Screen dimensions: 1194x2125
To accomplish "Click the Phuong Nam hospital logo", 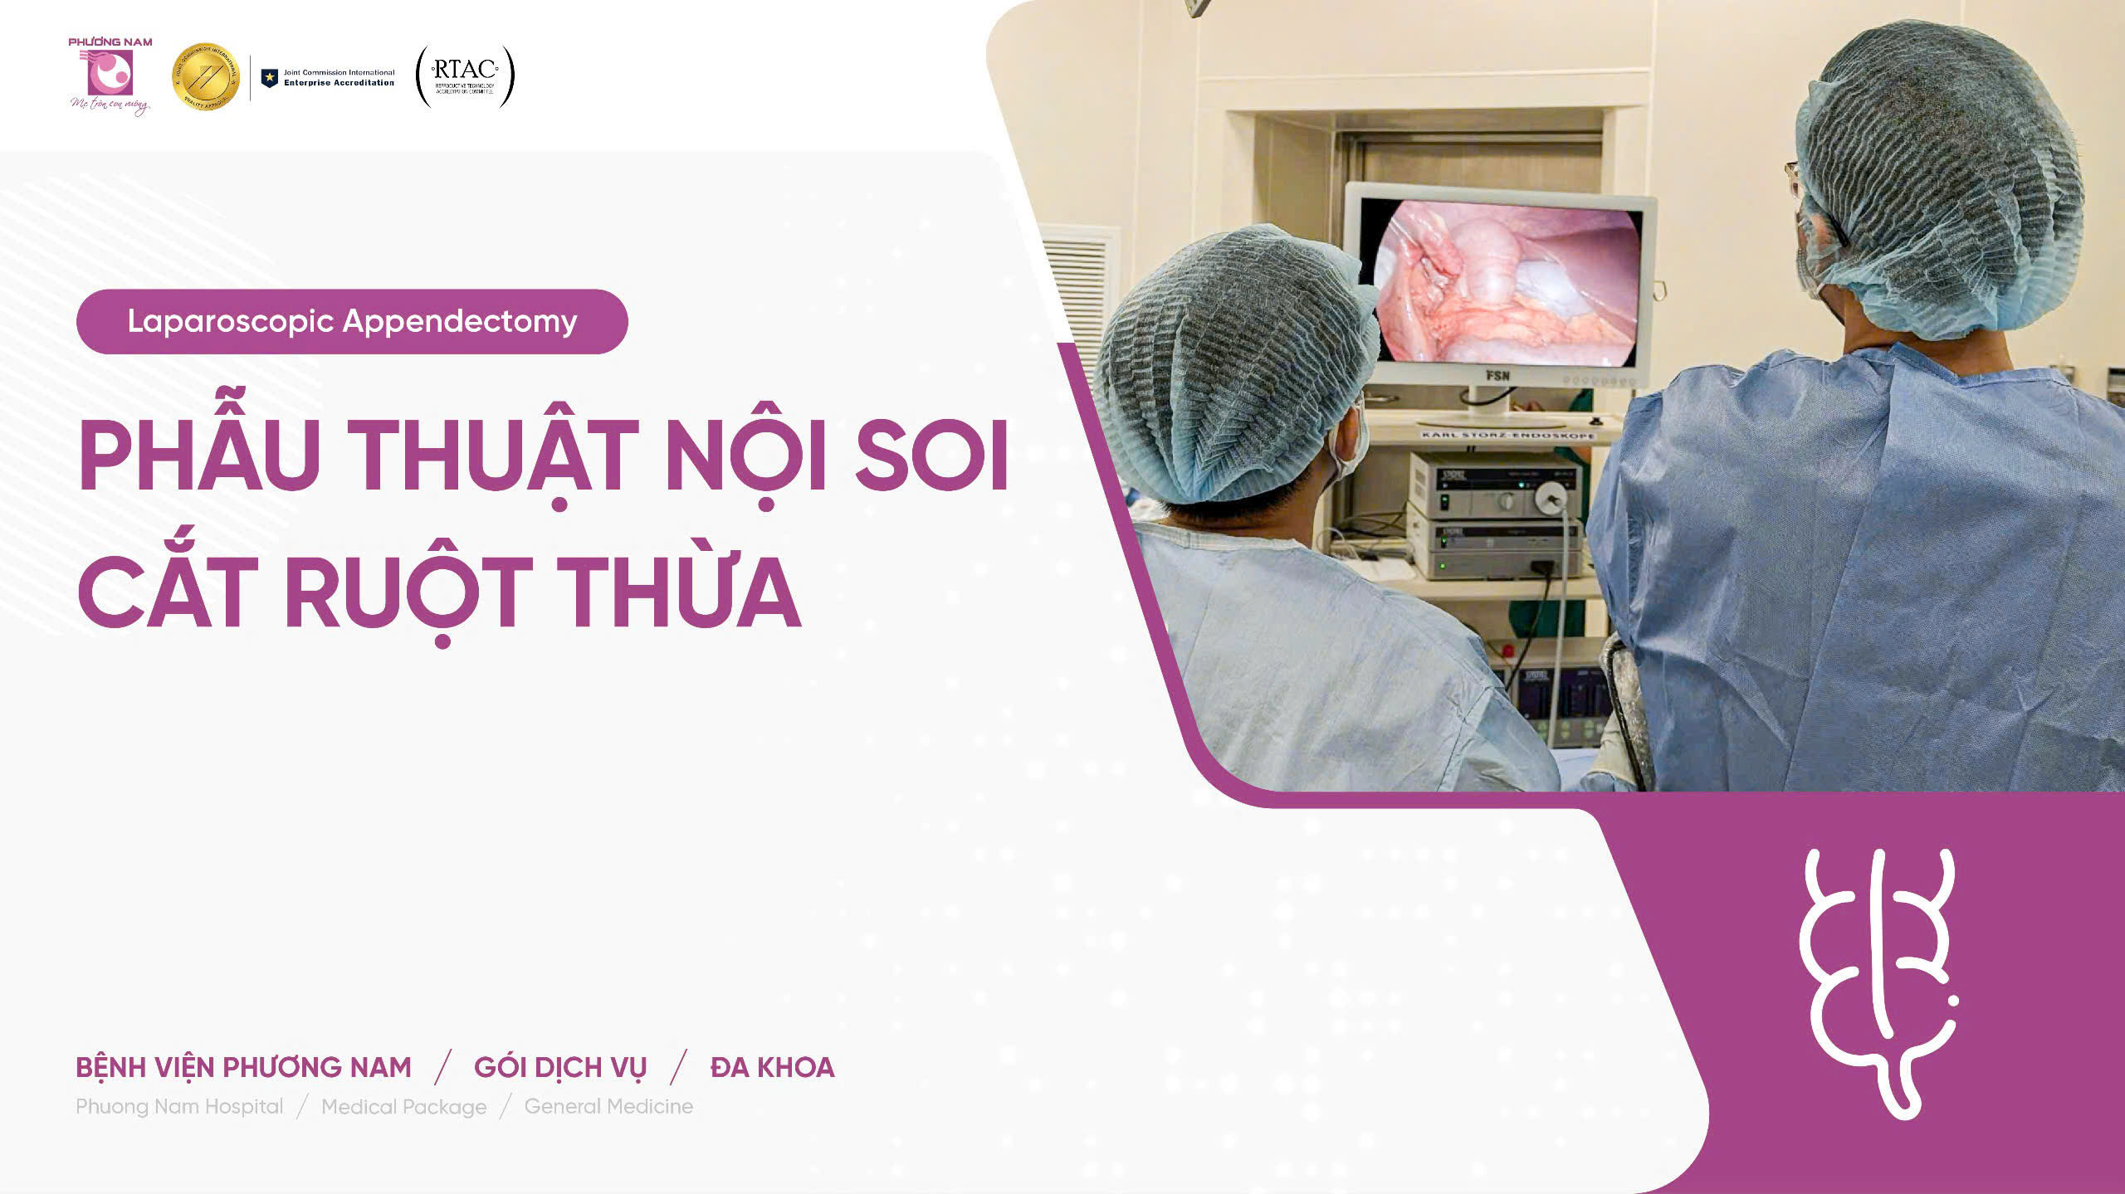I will coord(110,75).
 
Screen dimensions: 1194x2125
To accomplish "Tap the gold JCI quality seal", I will coord(205,77).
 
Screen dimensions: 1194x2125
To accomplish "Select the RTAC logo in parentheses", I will coord(465,76).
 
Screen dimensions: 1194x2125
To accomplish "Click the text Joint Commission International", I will coord(339,72).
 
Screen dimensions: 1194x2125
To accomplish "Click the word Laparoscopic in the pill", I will coord(231,321).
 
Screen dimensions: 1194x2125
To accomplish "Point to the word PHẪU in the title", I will coord(199,456).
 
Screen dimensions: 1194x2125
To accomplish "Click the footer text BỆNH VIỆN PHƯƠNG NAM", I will coord(243,1067).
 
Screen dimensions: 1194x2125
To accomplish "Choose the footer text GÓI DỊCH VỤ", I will coord(560,1067).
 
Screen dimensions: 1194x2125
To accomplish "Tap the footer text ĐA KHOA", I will coord(772,1067).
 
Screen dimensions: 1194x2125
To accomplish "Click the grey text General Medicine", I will coord(608,1106).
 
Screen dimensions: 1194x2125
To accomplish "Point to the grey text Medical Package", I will coord(403,1107).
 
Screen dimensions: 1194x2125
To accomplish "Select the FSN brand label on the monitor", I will coord(1497,376).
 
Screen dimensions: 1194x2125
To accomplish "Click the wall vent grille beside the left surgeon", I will coord(1077,290).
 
